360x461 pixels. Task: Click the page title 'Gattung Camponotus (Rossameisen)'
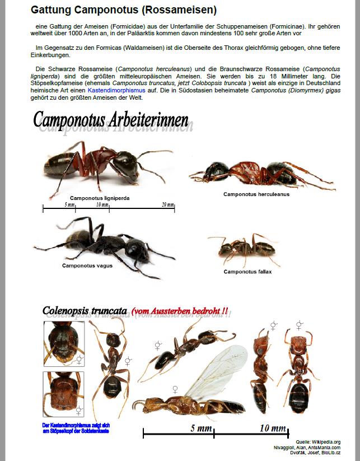pos(123,10)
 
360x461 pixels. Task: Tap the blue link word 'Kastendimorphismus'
pos(116,90)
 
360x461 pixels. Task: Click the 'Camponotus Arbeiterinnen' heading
pos(111,119)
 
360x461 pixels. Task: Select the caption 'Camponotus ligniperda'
pos(99,198)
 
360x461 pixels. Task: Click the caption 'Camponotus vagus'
pos(86,266)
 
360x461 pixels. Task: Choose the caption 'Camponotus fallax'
pos(247,272)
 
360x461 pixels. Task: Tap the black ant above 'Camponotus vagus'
pos(98,241)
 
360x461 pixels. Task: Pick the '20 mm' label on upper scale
pos(168,205)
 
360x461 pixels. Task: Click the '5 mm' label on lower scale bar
pos(200,429)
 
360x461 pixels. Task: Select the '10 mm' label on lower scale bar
pos(273,429)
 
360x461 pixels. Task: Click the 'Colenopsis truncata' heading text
pos(85,311)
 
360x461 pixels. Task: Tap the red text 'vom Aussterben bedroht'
pos(180,311)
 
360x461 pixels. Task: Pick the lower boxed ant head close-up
pos(63,394)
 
